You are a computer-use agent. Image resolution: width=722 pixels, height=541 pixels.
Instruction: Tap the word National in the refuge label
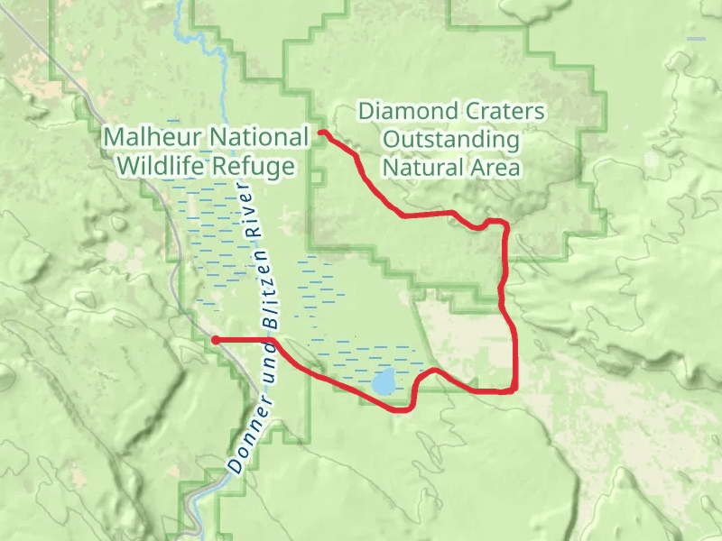(260, 137)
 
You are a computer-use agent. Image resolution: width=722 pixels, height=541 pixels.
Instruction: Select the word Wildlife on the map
(162, 167)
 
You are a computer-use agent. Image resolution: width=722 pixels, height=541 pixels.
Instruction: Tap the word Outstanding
(451, 140)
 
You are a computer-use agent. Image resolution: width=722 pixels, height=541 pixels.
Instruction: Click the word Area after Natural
(501, 168)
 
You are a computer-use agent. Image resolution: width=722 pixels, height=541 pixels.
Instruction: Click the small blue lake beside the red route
(384, 381)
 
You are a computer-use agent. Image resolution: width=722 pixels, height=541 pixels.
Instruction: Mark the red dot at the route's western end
(216, 340)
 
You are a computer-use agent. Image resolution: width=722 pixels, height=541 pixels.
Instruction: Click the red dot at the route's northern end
(323, 134)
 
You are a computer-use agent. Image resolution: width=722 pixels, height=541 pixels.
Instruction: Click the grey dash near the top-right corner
(696, 39)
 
